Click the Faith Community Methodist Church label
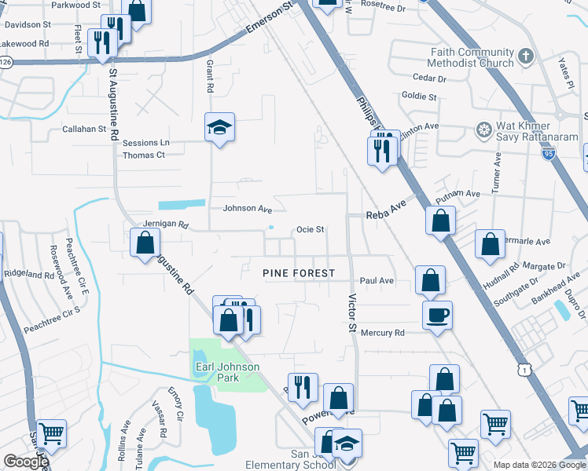[472, 57]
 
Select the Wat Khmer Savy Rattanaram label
[536, 131]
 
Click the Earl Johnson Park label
[227, 372]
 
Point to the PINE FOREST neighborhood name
[299, 273]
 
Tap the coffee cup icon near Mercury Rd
[437, 316]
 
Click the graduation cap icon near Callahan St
[219, 128]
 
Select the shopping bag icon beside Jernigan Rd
[145, 243]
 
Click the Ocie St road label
[310, 229]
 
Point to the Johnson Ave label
[247, 208]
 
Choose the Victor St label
[352, 313]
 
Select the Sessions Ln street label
[145, 143]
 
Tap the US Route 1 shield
[523, 368]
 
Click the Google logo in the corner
[26, 462]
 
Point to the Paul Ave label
[376, 280]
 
